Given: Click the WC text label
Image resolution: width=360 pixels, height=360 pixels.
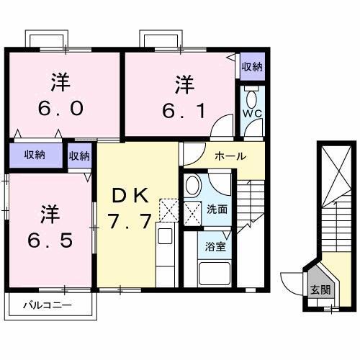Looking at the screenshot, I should (251, 112).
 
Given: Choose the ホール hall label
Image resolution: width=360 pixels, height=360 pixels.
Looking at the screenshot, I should (230, 156).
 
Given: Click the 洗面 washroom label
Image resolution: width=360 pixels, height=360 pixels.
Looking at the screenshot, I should (217, 210).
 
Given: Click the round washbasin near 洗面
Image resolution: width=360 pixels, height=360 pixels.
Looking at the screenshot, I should (193, 186).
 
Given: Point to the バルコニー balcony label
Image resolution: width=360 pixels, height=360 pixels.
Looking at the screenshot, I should (46, 305).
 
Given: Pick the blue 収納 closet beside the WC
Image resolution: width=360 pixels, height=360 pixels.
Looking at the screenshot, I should (251, 67).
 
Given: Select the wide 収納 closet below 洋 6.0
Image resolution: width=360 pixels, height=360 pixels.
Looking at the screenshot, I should (34, 154).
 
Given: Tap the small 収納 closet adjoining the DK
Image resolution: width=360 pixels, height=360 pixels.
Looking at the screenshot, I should (79, 154).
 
